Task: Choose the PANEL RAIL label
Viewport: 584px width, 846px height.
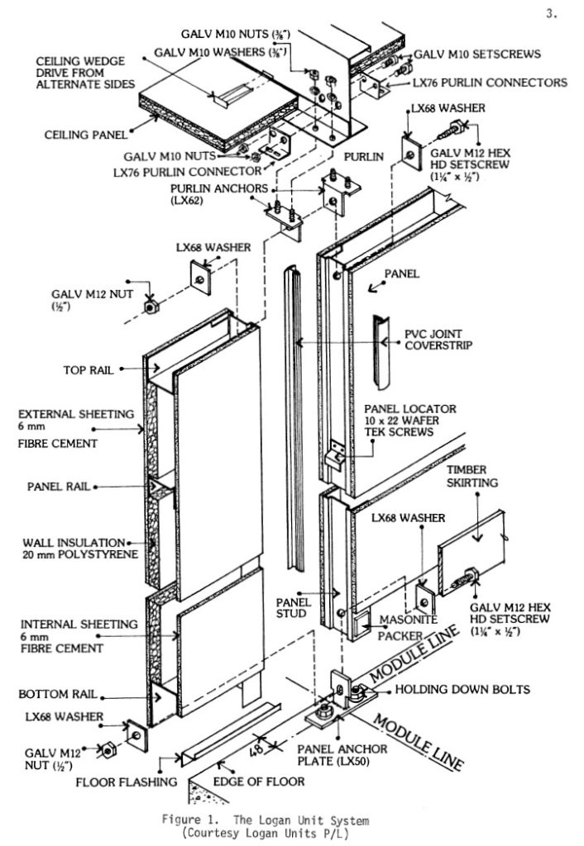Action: [x=57, y=487]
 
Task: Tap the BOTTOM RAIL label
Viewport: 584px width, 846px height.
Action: [x=57, y=694]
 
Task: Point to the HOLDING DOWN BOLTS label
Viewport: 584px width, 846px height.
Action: [x=462, y=689]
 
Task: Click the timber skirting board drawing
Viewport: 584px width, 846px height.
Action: [x=481, y=549]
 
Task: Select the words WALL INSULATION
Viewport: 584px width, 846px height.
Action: [x=74, y=542]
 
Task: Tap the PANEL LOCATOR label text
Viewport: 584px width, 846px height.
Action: [x=409, y=409]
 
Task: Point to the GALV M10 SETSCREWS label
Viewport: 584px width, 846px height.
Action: [x=476, y=55]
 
